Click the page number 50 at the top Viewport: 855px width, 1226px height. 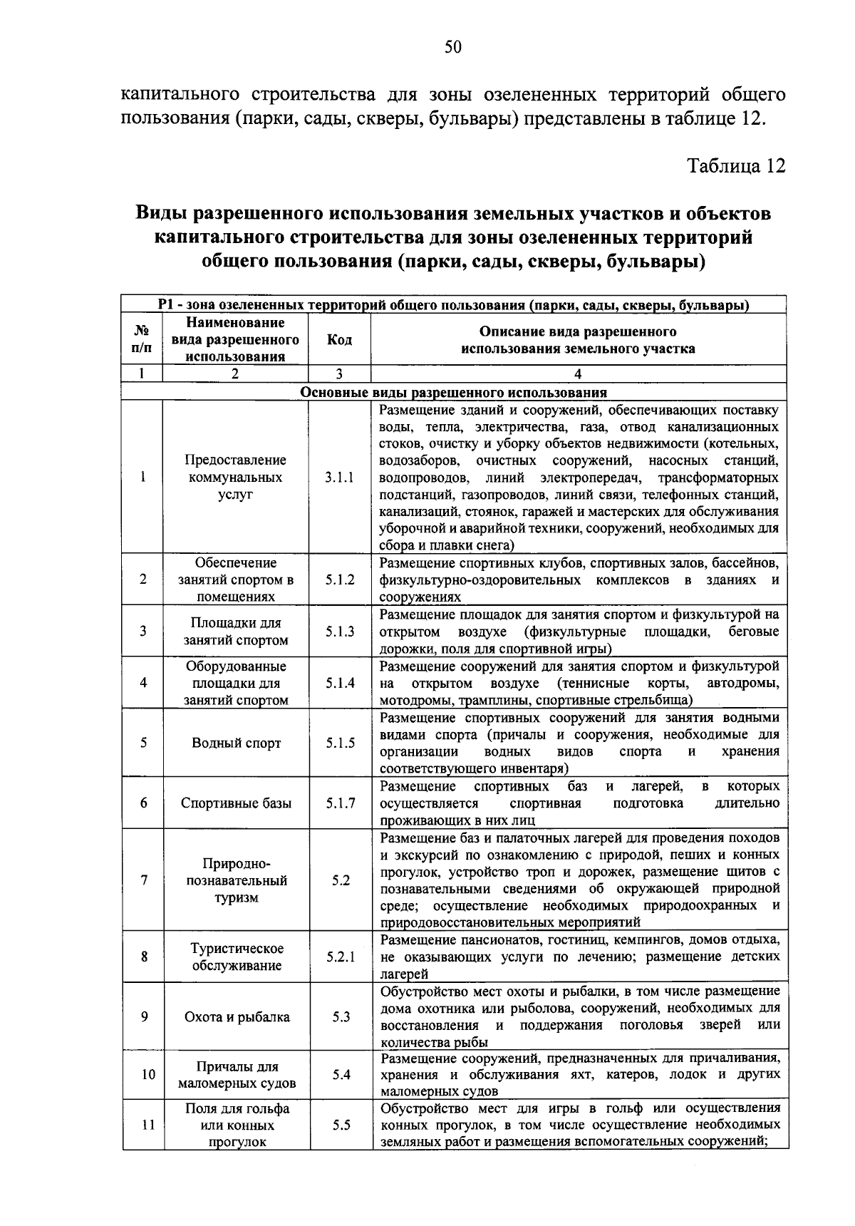tap(453, 47)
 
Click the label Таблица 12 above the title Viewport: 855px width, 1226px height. tap(736, 166)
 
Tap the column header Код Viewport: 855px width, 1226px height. tap(339, 340)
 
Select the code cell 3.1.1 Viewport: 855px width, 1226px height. tap(340, 478)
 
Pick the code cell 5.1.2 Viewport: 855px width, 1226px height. tap(340, 580)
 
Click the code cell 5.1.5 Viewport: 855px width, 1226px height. tap(340, 743)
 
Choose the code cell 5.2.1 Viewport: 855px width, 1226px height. tap(341, 957)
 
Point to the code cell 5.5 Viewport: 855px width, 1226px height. tap(341, 1125)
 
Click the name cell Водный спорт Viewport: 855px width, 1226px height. tap(237, 743)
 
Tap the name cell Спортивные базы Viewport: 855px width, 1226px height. tap(237, 803)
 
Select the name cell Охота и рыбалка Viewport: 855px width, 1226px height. tap(237, 1016)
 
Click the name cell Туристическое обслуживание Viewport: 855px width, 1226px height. tap(237, 957)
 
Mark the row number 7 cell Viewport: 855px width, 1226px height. tap(144, 880)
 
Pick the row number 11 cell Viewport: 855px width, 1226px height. tap(147, 1125)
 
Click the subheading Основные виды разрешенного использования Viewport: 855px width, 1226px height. tap(454, 393)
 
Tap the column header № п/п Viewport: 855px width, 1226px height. tap(142, 340)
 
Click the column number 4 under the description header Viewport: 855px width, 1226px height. tap(578, 374)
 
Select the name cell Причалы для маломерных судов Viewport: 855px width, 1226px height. tap(237, 1075)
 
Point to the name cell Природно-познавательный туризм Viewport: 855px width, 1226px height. tap(237, 880)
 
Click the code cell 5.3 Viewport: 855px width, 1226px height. tap(341, 1016)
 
